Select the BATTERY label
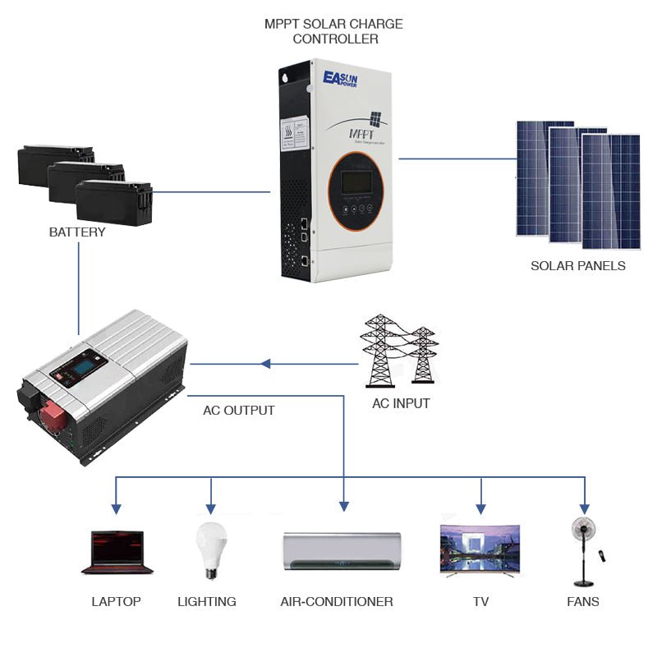[x=77, y=232]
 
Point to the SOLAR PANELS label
[x=578, y=266]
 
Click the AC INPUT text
[x=401, y=404]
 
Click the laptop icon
[x=117, y=552]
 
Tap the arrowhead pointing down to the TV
[x=481, y=509]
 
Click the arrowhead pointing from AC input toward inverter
[x=265, y=364]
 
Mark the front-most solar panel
[x=611, y=191]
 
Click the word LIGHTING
[x=207, y=602]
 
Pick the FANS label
[x=583, y=602]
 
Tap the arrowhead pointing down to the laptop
[x=116, y=509]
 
